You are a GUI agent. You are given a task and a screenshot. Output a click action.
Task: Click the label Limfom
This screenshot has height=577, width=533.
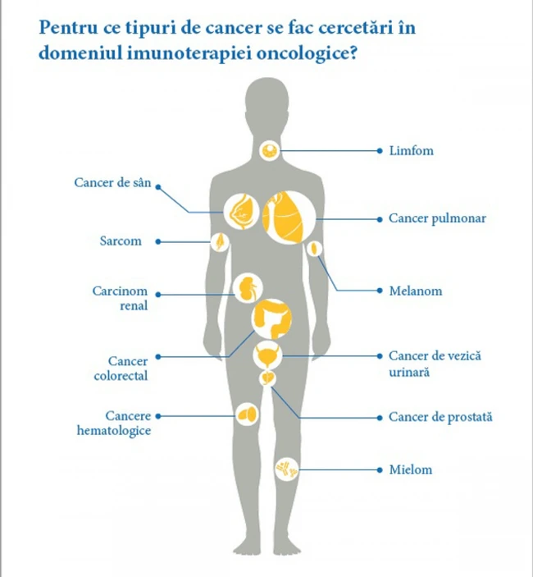[412, 150]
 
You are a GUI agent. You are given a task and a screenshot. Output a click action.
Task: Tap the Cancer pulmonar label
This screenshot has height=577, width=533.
[437, 218]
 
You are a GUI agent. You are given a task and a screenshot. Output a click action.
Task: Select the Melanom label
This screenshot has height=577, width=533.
[416, 291]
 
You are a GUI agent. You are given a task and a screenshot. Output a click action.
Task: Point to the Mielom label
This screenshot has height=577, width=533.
[411, 469]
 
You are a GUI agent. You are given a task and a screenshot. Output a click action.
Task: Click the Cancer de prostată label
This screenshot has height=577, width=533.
[440, 417]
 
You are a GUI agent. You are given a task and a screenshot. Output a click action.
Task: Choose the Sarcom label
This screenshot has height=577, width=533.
[121, 241]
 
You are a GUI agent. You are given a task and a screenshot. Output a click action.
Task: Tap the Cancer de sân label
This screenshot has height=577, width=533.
[112, 182]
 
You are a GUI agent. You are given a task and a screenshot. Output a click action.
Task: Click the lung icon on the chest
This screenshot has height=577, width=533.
[289, 218]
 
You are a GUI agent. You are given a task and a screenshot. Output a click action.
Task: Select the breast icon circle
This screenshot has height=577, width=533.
[241, 213]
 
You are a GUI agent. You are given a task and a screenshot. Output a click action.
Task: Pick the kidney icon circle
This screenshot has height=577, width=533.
[248, 288]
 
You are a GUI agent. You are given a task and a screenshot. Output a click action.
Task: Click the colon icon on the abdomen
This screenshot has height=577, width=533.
[271, 318]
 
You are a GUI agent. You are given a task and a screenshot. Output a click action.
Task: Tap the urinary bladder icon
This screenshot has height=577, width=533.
[267, 355]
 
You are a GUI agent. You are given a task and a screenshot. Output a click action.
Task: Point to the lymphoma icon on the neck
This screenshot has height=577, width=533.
[270, 150]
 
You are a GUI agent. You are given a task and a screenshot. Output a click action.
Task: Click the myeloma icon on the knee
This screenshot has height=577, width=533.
[287, 469]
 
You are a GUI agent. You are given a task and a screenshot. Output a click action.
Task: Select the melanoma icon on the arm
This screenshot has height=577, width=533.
[314, 249]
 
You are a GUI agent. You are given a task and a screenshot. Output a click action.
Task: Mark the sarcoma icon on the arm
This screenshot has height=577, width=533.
[220, 242]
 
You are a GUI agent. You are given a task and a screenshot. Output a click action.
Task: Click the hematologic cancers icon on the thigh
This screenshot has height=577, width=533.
[247, 414]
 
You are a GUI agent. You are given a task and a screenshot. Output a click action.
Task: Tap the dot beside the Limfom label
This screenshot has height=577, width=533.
[380, 151]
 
